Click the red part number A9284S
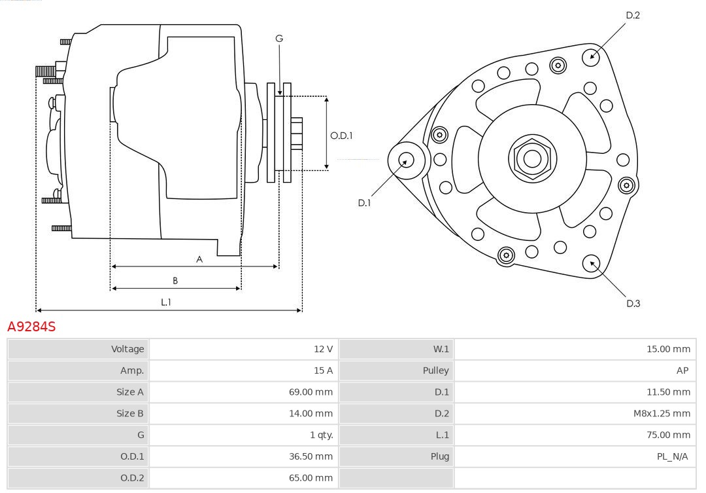[31, 326]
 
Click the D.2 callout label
[632, 15]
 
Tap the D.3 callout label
[633, 303]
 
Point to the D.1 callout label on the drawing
[364, 203]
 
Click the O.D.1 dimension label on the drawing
[341, 136]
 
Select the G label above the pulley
[279, 39]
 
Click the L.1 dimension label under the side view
[166, 302]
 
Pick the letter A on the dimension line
[199, 259]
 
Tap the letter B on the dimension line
[175, 281]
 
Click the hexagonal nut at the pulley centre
[532, 158]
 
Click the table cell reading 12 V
[323, 349]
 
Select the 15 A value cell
[323, 371]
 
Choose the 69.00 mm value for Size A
[311, 392]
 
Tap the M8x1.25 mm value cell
[662, 413]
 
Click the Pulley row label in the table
[435, 371]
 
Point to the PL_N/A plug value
[672, 456]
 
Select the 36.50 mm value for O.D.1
[311, 456]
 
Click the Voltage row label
[127, 349]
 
